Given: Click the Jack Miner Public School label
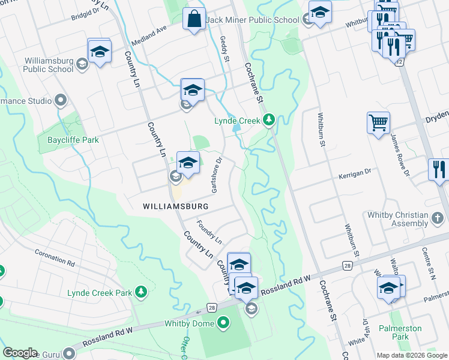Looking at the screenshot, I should [x=252, y=20].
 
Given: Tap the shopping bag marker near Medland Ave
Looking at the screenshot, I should [x=195, y=19].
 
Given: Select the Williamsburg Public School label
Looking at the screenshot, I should [x=49, y=65].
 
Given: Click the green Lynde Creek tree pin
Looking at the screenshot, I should [x=270, y=120].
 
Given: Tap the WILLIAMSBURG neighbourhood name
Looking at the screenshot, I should [x=176, y=206].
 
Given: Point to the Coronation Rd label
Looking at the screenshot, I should [x=55, y=259].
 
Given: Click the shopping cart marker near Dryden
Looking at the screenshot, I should [x=378, y=123].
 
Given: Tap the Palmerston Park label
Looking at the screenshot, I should [x=400, y=332].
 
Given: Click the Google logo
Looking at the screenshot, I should [x=20, y=353].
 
